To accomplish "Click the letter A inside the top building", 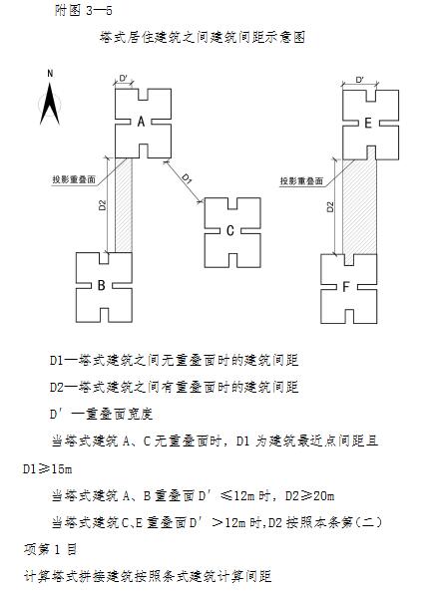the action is click(141, 122).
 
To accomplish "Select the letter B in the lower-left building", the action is click(101, 285).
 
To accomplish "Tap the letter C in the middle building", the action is click(230, 230).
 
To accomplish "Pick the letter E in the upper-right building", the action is click(368, 123).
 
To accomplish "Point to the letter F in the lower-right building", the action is click(345, 287).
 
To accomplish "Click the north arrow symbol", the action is click(50, 104).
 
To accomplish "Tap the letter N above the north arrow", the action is click(50, 74).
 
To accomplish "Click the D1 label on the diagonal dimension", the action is click(187, 178).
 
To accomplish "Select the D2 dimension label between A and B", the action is click(102, 205).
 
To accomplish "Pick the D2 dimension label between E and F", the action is click(330, 207).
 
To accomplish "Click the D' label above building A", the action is click(124, 78).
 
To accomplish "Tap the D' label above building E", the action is click(359, 80).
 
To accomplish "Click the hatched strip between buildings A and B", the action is click(124, 205).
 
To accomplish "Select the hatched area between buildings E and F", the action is click(359, 207).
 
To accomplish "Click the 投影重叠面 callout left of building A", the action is click(74, 179).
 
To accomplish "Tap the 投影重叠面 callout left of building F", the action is click(301, 181).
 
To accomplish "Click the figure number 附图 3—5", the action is click(84, 10).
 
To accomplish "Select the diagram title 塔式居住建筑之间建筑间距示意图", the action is click(203, 37).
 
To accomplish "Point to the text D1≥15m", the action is click(48, 469).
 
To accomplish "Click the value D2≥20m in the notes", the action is click(309, 495).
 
